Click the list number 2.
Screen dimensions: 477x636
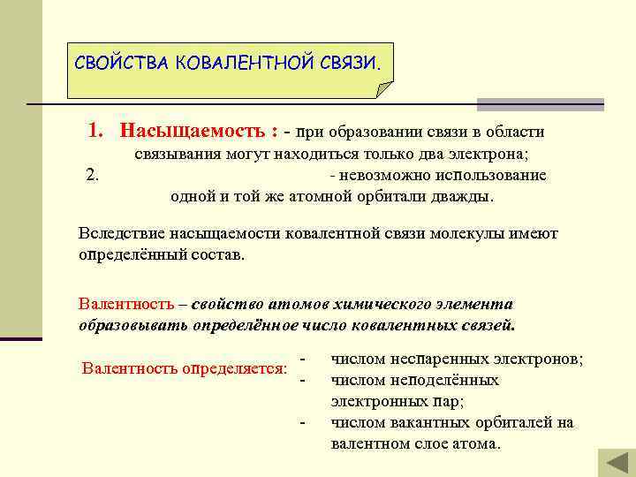[x=93, y=175]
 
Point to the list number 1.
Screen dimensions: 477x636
[x=96, y=132]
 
